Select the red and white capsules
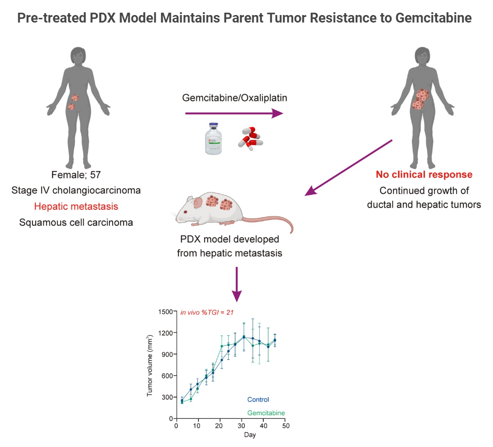point(249,138)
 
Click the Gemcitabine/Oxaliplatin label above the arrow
point(235,98)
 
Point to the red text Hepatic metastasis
point(76,206)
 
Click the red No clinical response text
point(424,175)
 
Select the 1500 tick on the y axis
point(166,311)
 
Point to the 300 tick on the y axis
point(168,397)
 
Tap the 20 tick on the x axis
point(220,425)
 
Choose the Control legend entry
point(258,400)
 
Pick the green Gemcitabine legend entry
point(266,413)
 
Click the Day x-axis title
point(250,435)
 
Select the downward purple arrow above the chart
point(237,285)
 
